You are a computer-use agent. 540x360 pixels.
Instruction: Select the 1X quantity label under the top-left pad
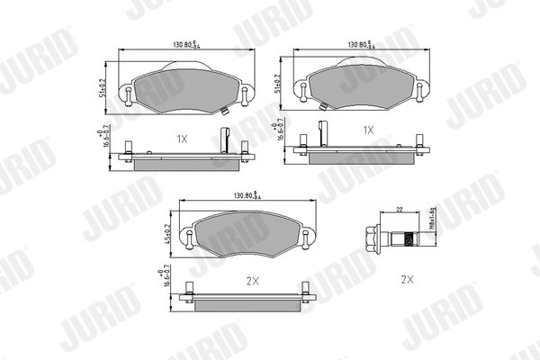point(181,139)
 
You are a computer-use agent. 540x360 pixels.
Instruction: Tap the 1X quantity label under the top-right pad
point(367,130)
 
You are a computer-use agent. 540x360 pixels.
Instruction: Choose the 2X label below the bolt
point(406,280)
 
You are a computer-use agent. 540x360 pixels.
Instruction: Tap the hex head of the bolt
point(368,239)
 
